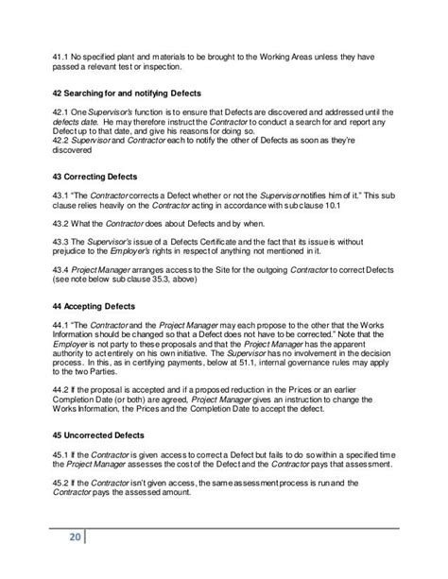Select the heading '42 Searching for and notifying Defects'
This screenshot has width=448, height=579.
point(138,93)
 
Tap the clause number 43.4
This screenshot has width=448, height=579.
point(60,269)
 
